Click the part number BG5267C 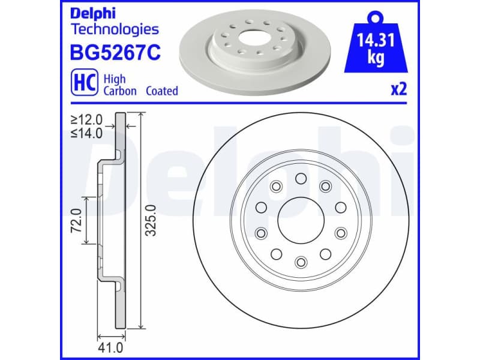pos(116,53)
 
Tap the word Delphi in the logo pos(92,13)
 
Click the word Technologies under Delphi pos(115,29)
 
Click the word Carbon pos(120,91)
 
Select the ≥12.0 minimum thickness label pos(86,121)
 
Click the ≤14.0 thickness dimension pos(86,133)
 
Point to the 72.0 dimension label pos(76,220)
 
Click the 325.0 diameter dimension pos(151,220)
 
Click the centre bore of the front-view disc pos(301,220)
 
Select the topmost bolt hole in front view pos(301,178)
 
